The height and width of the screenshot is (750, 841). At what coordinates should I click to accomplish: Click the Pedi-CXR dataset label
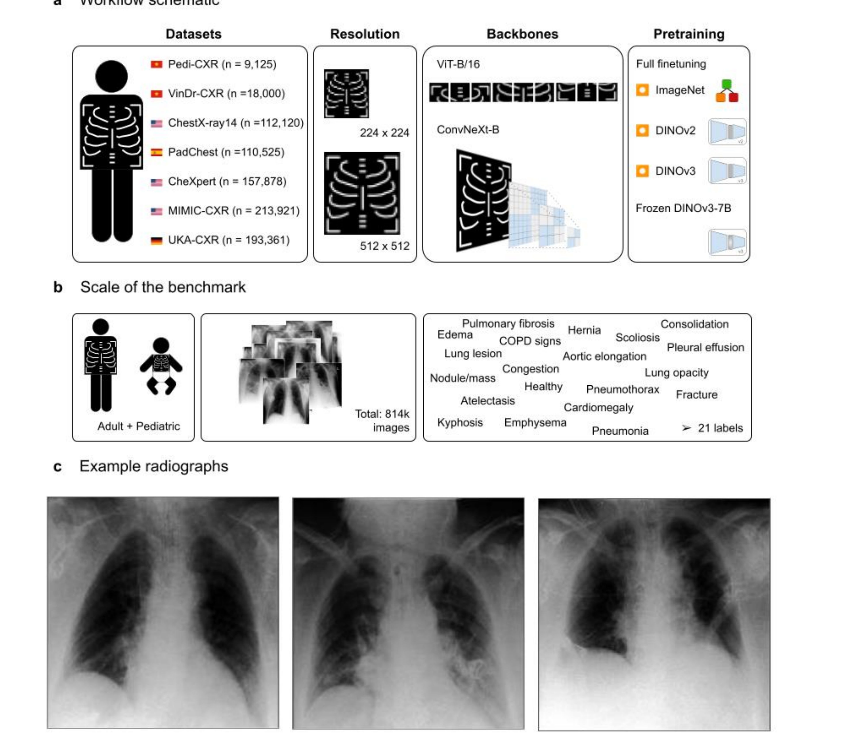[222, 64]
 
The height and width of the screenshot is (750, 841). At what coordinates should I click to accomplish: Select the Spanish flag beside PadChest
[156, 152]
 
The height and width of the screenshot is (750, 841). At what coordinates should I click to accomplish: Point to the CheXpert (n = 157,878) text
[227, 182]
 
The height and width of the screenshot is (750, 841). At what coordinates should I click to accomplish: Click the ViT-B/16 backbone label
[458, 64]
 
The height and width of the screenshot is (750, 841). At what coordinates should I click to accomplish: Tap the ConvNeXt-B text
[468, 130]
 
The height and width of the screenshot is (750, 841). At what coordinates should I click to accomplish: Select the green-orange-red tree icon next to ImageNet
[727, 91]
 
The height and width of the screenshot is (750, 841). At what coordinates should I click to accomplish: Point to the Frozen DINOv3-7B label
[683, 208]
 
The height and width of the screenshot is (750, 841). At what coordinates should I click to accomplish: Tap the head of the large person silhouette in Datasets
[111, 76]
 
